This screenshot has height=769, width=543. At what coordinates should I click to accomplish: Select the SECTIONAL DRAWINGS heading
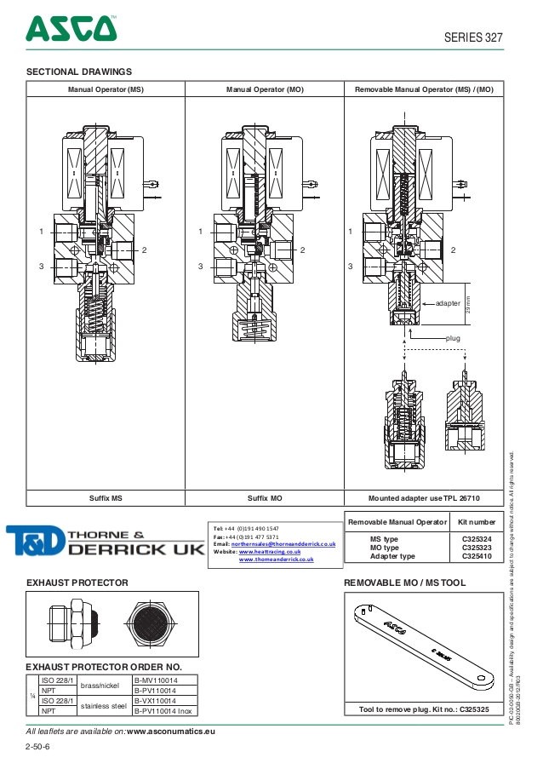79,72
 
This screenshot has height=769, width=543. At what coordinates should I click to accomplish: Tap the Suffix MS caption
106,497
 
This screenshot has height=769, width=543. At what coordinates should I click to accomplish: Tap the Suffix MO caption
265,497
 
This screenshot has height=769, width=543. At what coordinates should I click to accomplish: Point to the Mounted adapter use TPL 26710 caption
424,497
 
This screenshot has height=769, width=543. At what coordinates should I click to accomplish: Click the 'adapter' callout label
448,302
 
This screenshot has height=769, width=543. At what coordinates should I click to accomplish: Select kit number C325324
477,539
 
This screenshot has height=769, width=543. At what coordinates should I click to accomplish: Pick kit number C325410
477,556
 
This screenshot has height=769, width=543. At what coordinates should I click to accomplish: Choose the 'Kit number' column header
477,521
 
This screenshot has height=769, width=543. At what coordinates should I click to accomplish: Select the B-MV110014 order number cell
157,680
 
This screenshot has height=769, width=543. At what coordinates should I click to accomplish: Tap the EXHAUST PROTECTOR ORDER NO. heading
104,666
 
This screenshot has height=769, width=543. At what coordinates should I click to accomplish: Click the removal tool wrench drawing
421,644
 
